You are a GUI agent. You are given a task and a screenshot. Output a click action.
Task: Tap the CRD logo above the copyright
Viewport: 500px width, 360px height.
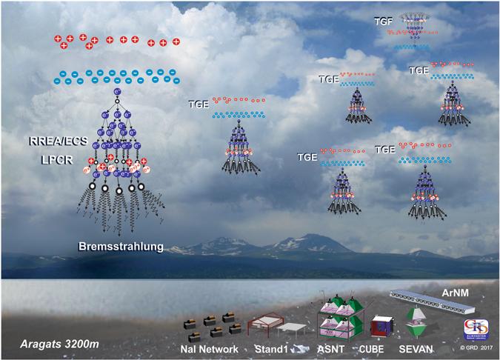click(x=471, y=327)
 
